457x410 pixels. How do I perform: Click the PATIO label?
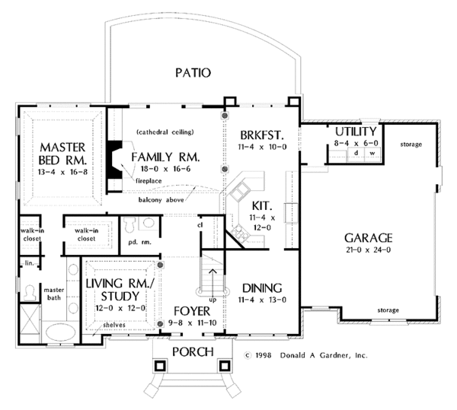[x=193, y=73]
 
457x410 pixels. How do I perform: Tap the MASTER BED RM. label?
[x=62, y=154]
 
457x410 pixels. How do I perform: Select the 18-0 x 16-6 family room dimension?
[x=165, y=169]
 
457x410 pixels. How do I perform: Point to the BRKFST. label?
[x=262, y=135]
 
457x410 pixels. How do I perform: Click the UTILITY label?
[x=356, y=132]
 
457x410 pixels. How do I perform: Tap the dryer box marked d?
[x=356, y=154]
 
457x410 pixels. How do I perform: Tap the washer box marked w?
[x=372, y=154]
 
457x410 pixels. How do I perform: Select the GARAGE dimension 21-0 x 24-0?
[x=369, y=249]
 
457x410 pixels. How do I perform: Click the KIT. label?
[x=262, y=206]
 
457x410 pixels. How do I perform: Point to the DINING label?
[x=262, y=288]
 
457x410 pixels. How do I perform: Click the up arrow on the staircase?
[x=213, y=282]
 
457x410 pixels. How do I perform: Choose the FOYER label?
[x=192, y=311]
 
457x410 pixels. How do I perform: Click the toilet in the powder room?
[x=129, y=224]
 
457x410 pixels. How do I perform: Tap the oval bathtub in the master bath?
[x=61, y=332]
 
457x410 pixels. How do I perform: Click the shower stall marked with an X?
[x=30, y=323]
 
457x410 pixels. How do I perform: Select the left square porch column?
[x=160, y=365]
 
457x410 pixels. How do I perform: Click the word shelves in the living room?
[x=114, y=325]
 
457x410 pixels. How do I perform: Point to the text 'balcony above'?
[x=161, y=200]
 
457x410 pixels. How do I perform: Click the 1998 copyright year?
[x=264, y=355]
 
